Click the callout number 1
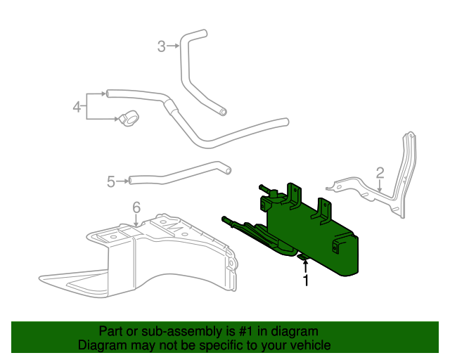tap(306, 281)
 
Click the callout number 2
tap(380, 172)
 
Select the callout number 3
tap(161, 46)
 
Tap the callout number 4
tap(77, 107)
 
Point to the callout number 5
tap(111, 181)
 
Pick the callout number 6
tap(136, 207)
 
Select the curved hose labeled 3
tap(193, 70)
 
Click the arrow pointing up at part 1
tap(306, 267)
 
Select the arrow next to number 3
tap(174, 46)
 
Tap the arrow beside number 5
tap(123, 181)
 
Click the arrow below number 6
tap(136, 219)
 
